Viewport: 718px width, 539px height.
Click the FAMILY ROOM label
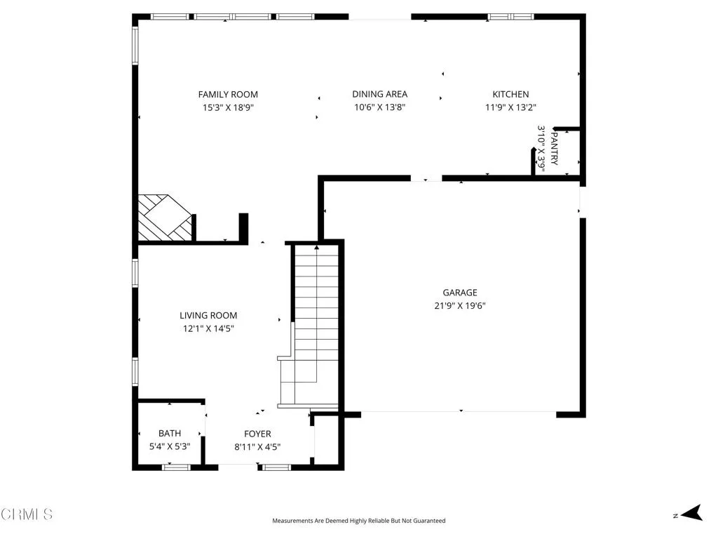[x=228, y=94]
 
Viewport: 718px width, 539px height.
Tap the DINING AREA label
[x=379, y=94]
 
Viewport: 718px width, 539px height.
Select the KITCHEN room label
[x=510, y=94]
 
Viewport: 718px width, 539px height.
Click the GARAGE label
[x=459, y=293]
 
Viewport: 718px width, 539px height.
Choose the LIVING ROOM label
[x=208, y=316]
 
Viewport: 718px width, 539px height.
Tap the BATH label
[x=170, y=434]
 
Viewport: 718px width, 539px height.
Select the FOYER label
[x=257, y=434]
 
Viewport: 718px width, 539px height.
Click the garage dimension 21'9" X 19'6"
[x=459, y=306]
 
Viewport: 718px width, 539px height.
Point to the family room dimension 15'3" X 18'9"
[x=228, y=108]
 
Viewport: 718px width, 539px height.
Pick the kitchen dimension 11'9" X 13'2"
[x=510, y=108]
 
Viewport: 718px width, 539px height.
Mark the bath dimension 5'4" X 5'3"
[x=170, y=446]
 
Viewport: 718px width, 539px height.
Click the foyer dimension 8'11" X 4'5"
[x=257, y=446]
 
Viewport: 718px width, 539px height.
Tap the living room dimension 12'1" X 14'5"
[x=208, y=328]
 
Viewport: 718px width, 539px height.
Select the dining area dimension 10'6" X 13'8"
[x=379, y=108]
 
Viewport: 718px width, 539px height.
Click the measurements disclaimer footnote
[x=358, y=521]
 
